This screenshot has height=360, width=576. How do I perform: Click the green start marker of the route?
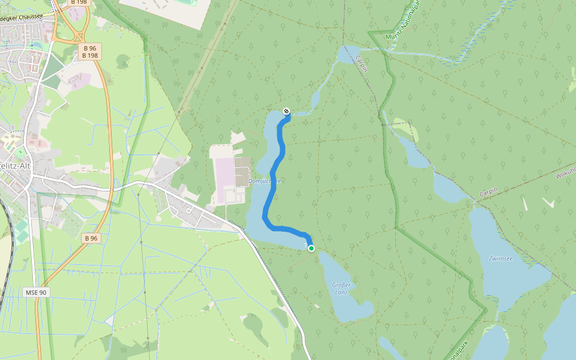311,248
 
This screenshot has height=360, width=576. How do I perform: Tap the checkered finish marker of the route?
287,111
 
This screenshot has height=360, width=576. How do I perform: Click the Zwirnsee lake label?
500,259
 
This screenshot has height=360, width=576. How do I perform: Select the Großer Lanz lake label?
341,288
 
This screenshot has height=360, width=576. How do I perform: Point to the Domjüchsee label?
265,181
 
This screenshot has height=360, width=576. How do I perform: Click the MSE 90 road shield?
36,292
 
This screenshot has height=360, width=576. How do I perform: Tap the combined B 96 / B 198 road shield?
90,52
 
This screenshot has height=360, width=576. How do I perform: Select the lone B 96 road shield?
91,238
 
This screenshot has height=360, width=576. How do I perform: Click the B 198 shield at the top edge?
79,2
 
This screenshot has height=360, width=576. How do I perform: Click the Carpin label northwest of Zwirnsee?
489,193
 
